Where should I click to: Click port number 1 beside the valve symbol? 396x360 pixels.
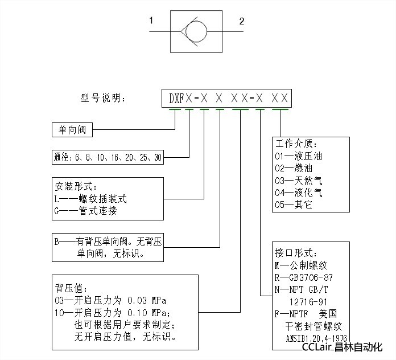pyautogui.click(x=151, y=21)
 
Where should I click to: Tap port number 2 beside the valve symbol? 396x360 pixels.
pyautogui.click(x=242, y=22)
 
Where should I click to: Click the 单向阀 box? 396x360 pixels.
pyautogui.click(x=72, y=130)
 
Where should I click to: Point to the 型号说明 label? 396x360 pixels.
pyautogui.click(x=102, y=98)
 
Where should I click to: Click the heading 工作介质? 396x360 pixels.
pyautogui.click(x=296, y=144)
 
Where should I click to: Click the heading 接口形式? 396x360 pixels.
pyautogui.click(x=296, y=253)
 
